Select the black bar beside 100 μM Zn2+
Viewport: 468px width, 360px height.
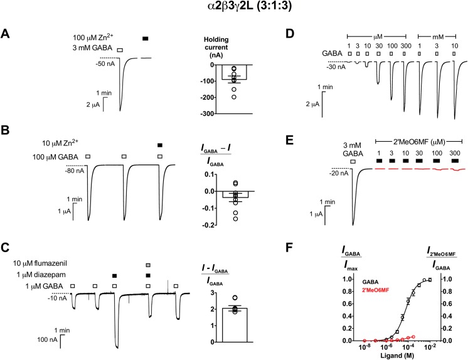146,39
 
